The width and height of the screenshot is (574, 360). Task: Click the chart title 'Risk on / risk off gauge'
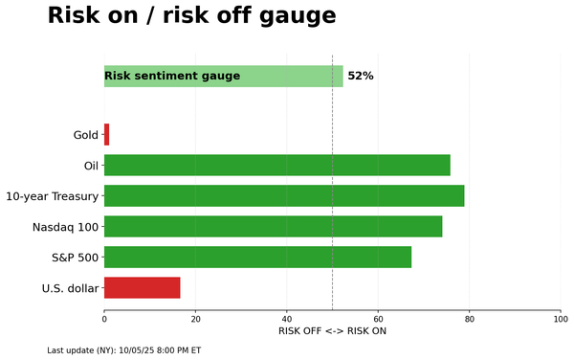point(191,16)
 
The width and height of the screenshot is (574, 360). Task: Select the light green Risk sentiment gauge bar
point(223,77)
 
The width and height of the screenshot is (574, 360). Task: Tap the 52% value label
point(361,77)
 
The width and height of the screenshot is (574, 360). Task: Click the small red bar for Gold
point(106,135)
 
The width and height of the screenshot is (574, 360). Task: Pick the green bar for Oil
point(276,166)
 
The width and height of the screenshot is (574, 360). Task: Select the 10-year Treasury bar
point(283,196)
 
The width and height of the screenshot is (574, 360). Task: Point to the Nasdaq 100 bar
point(273,227)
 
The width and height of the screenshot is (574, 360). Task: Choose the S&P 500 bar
point(257,258)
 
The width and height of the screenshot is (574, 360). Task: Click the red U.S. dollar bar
point(142,288)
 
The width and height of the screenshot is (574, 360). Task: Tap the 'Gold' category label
point(86,135)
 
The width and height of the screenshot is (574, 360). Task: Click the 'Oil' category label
point(92,166)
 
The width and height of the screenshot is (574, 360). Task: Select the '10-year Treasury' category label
point(52,196)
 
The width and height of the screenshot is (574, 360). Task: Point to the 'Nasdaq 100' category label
point(66,227)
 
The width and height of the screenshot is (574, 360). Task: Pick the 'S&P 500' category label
point(75,258)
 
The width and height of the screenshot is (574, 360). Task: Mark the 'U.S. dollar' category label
point(70,288)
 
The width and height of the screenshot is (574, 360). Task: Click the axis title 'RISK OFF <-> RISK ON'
point(332,331)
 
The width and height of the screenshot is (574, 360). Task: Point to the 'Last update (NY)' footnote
point(123,350)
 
